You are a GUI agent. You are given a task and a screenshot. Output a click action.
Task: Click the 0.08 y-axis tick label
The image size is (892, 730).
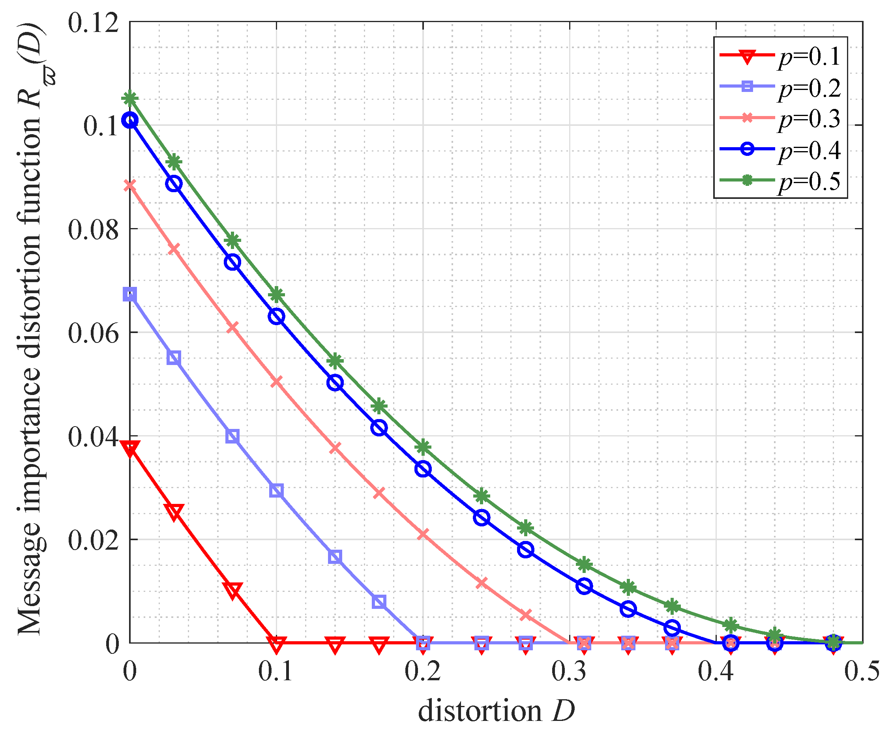tap(94, 230)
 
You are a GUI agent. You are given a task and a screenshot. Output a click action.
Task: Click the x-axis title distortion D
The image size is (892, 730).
tap(496, 710)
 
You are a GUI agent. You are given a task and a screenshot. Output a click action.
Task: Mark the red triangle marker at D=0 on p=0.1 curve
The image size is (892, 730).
tap(130, 448)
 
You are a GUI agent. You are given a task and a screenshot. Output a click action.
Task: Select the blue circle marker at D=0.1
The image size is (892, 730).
tap(276, 316)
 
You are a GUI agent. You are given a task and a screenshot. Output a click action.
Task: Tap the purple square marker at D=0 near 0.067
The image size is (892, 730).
tap(130, 295)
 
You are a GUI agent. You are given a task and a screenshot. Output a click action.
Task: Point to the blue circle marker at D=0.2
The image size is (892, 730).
tap(423, 469)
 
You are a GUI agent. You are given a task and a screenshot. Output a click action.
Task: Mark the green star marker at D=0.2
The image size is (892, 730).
tap(423, 447)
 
